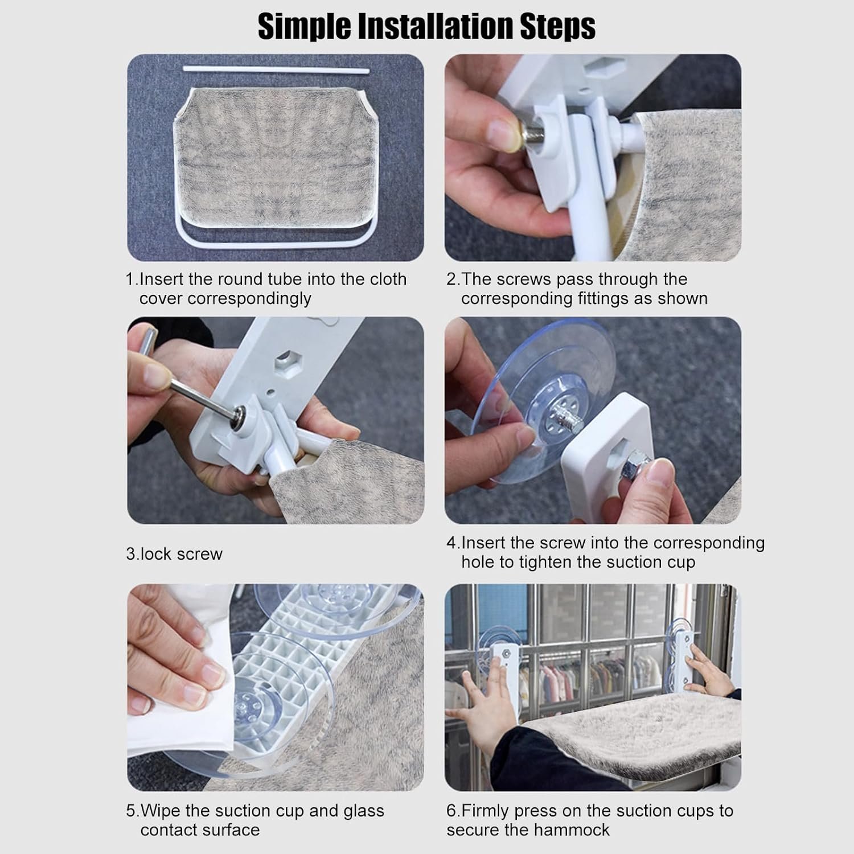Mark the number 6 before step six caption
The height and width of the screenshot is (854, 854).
coord(451,811)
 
